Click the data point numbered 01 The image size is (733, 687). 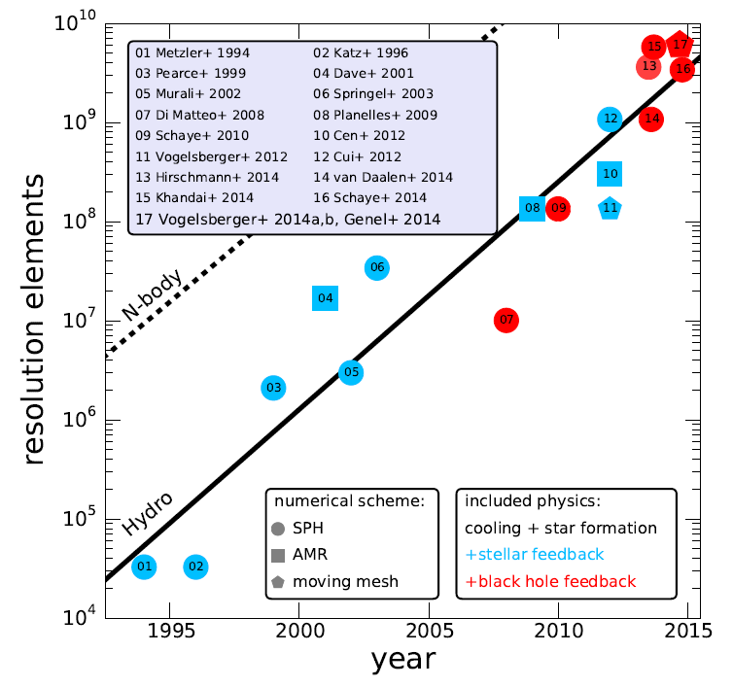(144, 567)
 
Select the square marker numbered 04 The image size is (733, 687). (325, 298)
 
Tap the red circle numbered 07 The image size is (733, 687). (506, 320)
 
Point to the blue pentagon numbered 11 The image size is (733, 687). (610, 208)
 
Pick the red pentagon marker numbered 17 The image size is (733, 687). (681, 45)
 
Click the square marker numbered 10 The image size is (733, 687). (611, 174)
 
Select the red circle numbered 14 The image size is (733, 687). (652, 120)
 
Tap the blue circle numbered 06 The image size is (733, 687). (377, 268)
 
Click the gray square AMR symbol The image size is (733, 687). (278, 556)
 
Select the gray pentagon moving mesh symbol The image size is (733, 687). (278, 583)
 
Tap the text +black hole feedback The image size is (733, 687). (550, 582)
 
